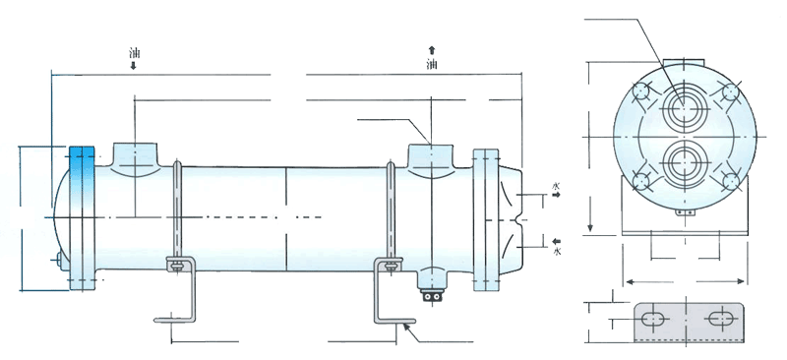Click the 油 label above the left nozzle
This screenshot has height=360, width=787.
tap(134, 53)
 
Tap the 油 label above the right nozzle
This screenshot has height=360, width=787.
tap(432, 64)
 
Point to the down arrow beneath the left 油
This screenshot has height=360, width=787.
tap(134, 65)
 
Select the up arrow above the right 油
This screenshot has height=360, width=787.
tap(432, 50)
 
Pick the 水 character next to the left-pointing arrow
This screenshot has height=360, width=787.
tap(556, 251)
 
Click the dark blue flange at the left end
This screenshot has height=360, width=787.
tap(82, 218)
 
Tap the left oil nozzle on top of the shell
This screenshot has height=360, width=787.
tap(135, 159)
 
